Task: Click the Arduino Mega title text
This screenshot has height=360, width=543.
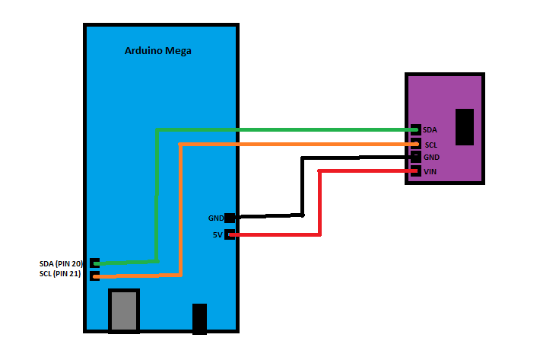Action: (157, 51)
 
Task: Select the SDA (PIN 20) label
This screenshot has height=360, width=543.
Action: (62, 263)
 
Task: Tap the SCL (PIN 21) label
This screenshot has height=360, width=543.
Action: (62, 274)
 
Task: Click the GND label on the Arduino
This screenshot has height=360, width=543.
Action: (215, 218)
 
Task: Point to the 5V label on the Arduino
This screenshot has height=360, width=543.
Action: (218, 234)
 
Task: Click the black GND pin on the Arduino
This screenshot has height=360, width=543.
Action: (229, 218)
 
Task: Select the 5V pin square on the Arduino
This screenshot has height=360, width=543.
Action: (229, 234)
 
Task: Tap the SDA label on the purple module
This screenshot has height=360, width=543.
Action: (430, 130)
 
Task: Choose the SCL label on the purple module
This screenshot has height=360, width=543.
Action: (430, 144)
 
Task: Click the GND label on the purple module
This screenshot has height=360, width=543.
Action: (431, 157)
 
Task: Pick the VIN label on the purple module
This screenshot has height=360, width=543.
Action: (430, 171)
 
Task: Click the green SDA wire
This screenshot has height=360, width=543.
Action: (281, 130)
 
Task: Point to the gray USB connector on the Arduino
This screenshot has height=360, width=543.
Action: (124, 311)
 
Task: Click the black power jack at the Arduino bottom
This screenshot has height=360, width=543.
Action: (200, 319)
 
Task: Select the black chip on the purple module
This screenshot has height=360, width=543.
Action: (465, 126)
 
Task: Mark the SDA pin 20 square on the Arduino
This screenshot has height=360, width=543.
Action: (94, 263)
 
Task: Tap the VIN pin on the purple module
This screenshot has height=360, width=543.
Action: (415, 171)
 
